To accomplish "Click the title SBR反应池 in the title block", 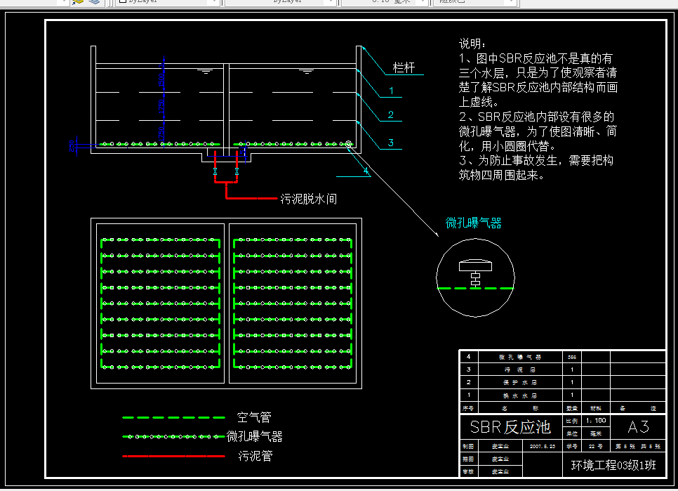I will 510,426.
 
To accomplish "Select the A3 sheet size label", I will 638,426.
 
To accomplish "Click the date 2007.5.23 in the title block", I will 543,446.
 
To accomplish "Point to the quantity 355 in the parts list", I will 572,357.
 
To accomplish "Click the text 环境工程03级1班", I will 613,464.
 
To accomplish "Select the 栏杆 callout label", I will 404,68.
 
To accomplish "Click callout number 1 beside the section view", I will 391,91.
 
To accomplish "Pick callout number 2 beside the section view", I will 391,114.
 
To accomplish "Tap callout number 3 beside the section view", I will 391,143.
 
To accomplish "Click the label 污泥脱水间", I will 308,199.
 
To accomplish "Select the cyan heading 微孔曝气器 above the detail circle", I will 474,223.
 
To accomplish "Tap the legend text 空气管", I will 254,417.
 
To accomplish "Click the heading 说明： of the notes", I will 472,44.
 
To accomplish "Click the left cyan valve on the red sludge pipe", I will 215,171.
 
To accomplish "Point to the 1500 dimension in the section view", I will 162,107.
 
